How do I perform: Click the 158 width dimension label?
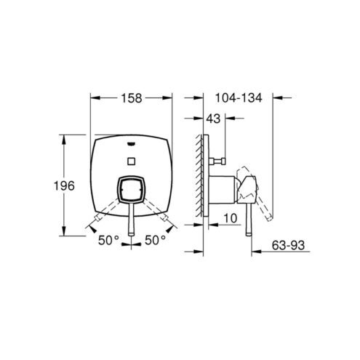(x=132, y=98)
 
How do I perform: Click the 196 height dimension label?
(x=64, y=186)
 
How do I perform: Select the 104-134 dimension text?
(x=239, y=98)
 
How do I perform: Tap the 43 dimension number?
(x=213, y=119)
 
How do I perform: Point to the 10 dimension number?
(x=230, y=218)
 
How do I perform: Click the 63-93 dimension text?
(x=288, y=245)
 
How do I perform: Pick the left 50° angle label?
(x=108, y=240)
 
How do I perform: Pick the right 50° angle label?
(x=156, y=240)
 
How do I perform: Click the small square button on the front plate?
(x=131, y=161)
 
